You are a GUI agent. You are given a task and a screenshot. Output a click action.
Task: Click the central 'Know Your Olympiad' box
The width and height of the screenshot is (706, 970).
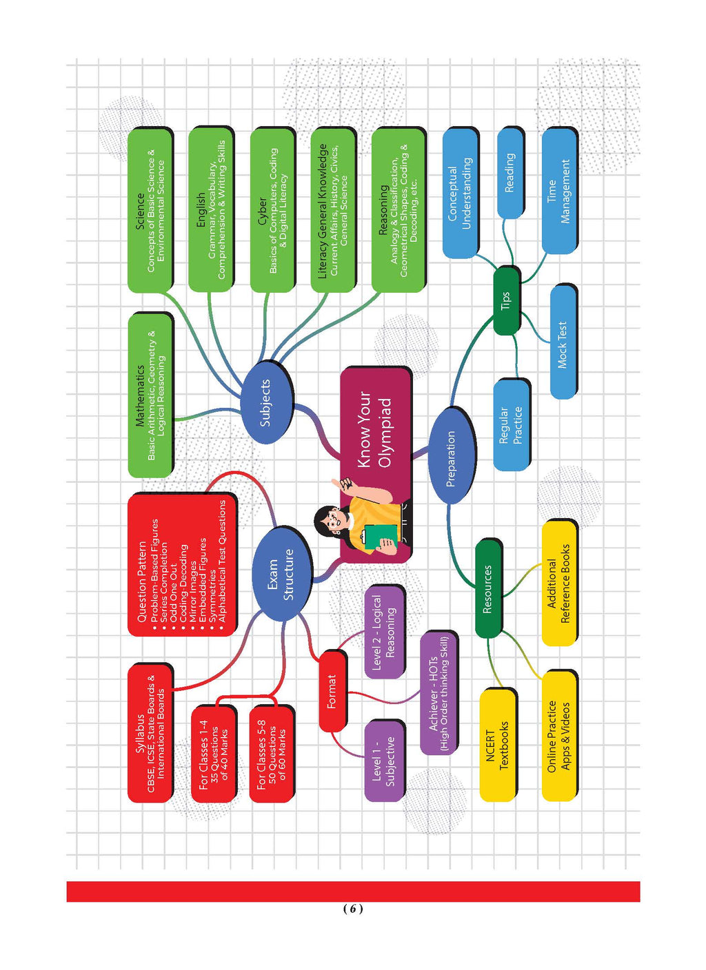coord(376,427)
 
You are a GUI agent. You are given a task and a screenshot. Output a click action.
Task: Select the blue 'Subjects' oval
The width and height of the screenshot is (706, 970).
coord(266,403)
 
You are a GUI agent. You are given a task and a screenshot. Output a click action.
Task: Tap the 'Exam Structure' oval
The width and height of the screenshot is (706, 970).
coord(281,574)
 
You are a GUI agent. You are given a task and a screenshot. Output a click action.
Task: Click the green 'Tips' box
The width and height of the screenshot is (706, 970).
coord(506,300)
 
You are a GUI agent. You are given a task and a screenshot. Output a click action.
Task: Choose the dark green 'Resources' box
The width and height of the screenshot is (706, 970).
coord(487,589)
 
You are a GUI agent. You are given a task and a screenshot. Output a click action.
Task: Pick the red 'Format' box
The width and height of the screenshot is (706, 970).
coord(332,691)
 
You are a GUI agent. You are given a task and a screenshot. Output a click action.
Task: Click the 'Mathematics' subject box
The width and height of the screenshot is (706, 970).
coord(150,395)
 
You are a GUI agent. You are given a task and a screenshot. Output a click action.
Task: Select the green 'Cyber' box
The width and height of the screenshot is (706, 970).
coord(272,209)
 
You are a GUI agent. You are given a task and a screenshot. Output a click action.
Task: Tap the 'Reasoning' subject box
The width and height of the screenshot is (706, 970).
coord(397,209)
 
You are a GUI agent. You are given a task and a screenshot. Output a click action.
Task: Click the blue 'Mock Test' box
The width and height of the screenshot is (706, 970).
coord(563,342)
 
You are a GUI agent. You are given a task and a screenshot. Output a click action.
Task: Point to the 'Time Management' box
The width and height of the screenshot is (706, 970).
coord(558,191)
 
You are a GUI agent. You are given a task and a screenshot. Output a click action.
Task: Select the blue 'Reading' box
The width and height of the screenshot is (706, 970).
coord(510,172)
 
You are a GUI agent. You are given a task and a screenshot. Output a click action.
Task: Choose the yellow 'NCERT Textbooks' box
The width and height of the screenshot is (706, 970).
coord(497,745)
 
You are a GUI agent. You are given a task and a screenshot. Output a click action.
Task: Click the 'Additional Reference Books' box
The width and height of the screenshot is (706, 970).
coord(558,584)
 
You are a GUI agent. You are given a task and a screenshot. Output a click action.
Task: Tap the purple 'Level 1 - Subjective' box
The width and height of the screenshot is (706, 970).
coord(383,761)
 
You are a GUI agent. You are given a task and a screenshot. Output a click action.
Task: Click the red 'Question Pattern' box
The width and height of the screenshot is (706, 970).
coord(181,565)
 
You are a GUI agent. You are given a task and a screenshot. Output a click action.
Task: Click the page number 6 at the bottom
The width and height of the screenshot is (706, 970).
coord(352,909)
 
